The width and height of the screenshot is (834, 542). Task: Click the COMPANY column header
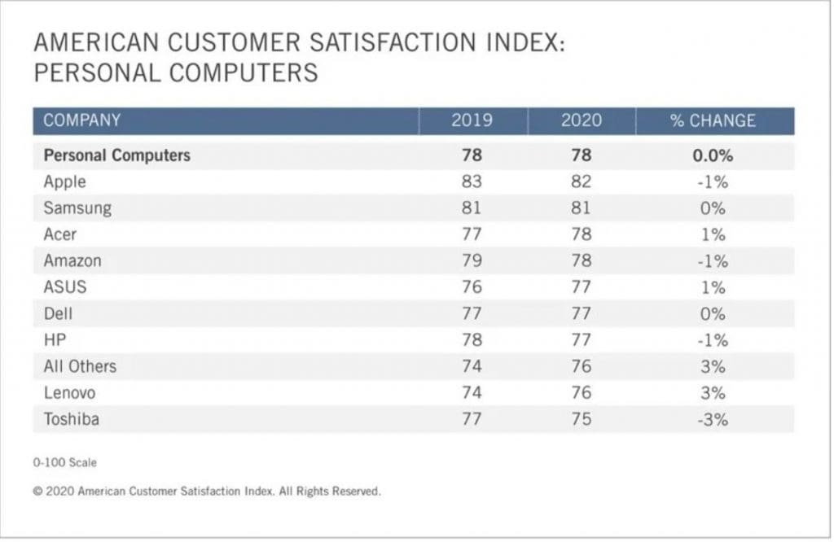(x=81, y=120)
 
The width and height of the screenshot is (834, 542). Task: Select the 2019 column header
(x=472, y=120)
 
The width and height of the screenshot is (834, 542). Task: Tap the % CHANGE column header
(x=713, y=120)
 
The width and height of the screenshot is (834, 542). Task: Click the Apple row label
(x=64, y=181)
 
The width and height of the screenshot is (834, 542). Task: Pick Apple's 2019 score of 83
(x=472, y=181)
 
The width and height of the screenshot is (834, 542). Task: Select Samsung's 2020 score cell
(x=581, y=208)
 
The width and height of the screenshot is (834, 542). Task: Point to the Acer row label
(x=60, y=234)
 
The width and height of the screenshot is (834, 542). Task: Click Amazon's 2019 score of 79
(x=472, y=261)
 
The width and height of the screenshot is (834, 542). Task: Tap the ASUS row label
(x=65, y=287)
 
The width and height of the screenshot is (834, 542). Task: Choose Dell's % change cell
(x=713, y=314)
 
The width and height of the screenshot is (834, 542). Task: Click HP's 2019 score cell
(x=472, y=340)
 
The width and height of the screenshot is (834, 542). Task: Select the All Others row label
(x=80, y=366)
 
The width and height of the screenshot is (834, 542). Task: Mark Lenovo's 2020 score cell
(x=581, y=393)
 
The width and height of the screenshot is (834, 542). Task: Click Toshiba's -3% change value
(x=713, y=420)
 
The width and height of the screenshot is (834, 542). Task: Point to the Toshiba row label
(x=72, y=420)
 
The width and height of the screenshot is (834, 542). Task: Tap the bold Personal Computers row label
(x=116, y=155)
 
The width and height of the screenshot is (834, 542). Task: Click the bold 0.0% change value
(x=713, y=155)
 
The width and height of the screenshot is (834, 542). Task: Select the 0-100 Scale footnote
(x=65, y=462)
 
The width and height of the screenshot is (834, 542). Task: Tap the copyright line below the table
(x=207, y=492)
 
